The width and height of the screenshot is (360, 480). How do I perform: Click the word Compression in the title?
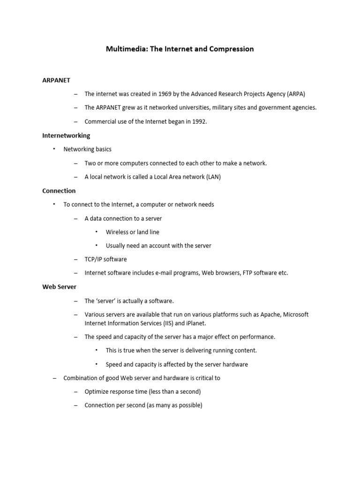point(231,49)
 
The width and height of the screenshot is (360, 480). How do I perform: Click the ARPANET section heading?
point(56,80)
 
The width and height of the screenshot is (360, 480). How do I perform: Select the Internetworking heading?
point(66,135)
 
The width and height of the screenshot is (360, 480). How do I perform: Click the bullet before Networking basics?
point(53,149)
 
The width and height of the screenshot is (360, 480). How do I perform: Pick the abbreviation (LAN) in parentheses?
point(213,177)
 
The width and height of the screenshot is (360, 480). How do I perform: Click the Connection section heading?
point(59,191)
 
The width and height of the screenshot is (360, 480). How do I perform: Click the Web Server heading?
point(59,286)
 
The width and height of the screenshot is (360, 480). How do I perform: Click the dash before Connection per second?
point(76,405)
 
